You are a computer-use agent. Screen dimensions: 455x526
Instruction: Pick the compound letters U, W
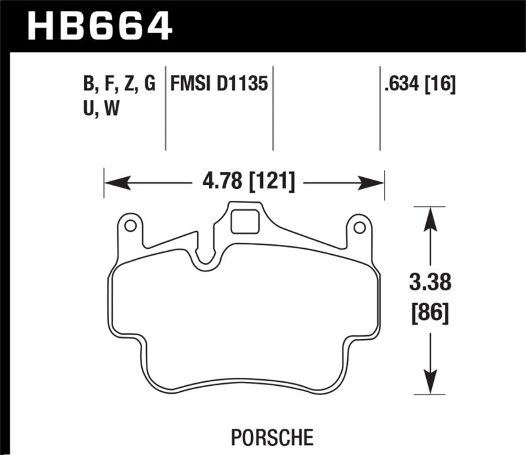(x=97, y=109)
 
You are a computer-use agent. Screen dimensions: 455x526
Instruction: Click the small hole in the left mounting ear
(x=130, y=227)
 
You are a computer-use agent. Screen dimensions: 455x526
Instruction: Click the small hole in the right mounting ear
(x=359, y=228)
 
